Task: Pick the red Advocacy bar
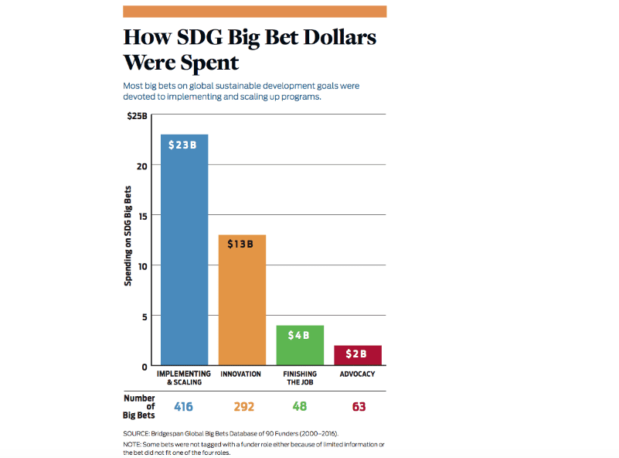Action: point(358,355)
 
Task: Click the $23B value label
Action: point(184,145)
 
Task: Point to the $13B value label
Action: point(242,244)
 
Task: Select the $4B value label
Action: point(299,335)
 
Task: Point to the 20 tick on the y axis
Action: point(141,166)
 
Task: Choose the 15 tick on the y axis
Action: point(141,216)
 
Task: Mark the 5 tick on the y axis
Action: point(143,316)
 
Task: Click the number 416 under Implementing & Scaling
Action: point(184,406)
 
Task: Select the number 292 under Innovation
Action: point(241,406)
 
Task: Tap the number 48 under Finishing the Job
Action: point(299,406)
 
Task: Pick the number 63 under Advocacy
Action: point(358,406)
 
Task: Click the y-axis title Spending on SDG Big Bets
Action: point(128,235)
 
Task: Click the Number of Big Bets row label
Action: point(139,406)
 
